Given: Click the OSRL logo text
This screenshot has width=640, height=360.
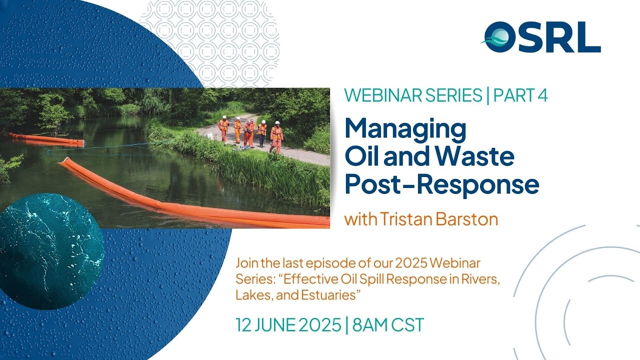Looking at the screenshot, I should coord(542,37).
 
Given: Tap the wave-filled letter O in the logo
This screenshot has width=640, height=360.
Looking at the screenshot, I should coord(500,37).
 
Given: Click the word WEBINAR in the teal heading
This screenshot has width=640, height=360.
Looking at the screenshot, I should coord(384,95).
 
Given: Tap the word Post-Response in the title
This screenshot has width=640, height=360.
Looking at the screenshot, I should coord(442,183).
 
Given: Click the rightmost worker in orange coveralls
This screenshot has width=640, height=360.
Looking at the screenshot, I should coord(276,136).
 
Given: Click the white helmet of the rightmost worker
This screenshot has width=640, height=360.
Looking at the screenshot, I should coord(277,123).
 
